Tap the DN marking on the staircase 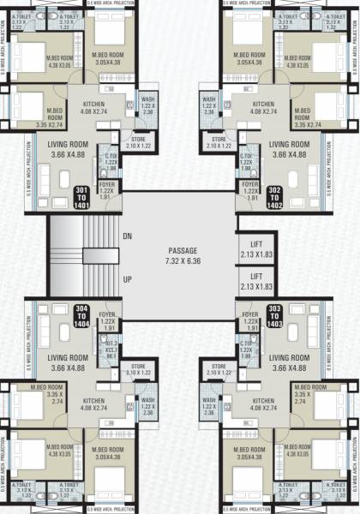click(x=127, y=235)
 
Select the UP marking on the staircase click(x=127, y=279)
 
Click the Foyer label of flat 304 click(x=109, y=324)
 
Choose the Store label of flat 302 click(x=219, y=142)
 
